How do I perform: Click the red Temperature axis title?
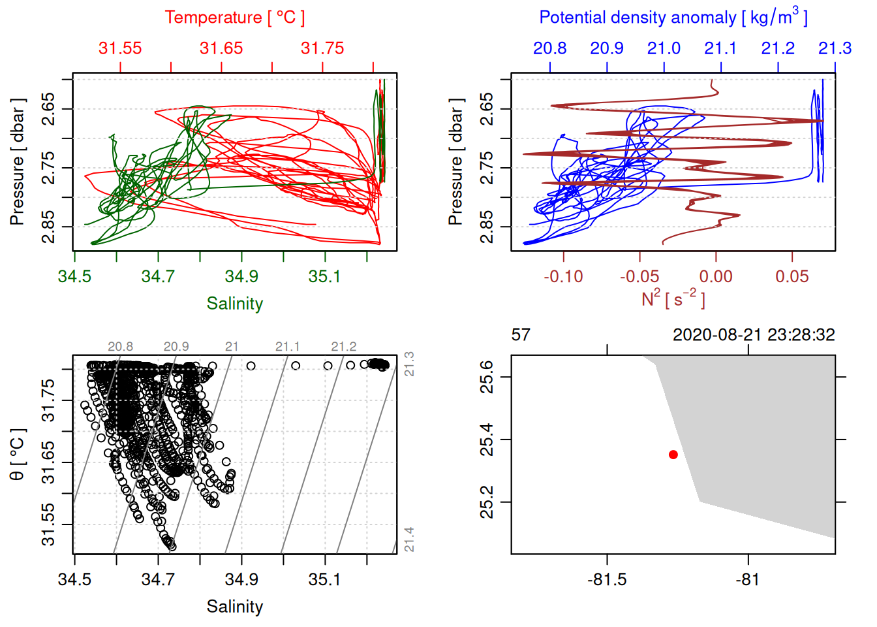point(235,18)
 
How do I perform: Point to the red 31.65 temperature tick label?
point(221,48)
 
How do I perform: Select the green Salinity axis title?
point(235,304)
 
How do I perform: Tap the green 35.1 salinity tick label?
point(324,276)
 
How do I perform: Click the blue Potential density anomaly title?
point(673,18)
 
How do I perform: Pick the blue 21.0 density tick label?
point(664,48)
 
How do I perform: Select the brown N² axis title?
point(673,299)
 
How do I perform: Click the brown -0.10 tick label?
point(563,276)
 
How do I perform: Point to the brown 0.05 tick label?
point(792,276)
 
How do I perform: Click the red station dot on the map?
point(673,455)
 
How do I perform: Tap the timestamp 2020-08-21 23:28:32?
point(754,335)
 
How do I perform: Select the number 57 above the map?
point(521,335)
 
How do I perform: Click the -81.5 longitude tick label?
point(607,579)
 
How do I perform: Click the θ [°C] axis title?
point(18,455)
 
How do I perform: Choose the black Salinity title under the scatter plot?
point(235,607)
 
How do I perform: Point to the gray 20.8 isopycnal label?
point(121,347)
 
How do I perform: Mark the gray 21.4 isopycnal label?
point(409,539)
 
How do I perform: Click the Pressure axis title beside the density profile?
point(456,162)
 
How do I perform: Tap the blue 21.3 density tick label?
point(835,48)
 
